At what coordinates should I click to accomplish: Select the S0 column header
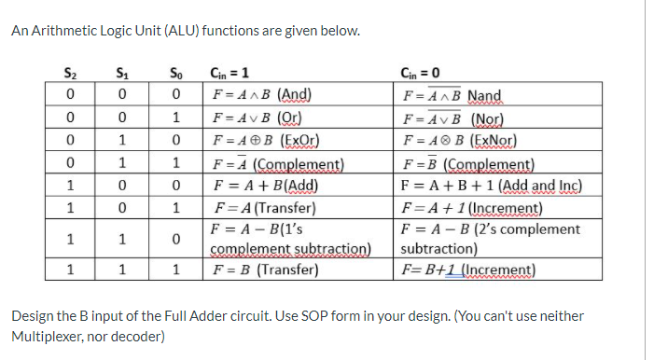click(x=175, y=76)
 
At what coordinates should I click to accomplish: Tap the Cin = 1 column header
click(x=230, y=76)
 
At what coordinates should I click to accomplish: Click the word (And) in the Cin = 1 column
click(x=293, y=95)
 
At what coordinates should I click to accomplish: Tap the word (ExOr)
click(x=299, y=143)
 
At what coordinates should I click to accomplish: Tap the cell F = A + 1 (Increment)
click(x=471, y=207)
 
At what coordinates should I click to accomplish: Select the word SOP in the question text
click(x=273, y=315)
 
